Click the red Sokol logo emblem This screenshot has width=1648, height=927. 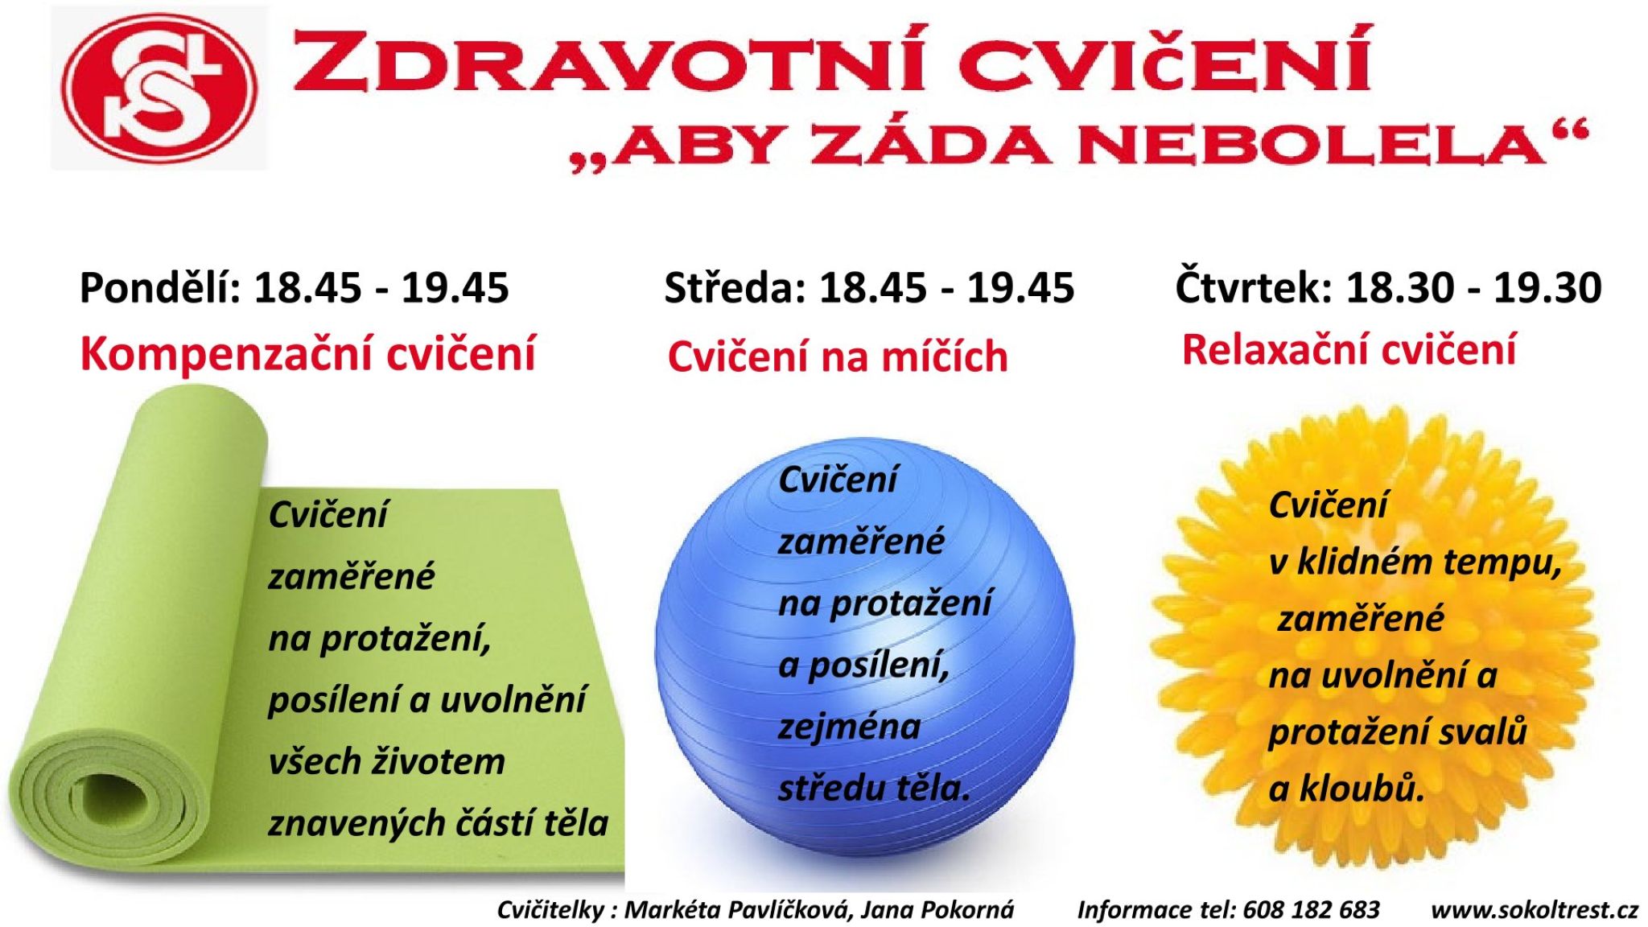click(x=159, y=88)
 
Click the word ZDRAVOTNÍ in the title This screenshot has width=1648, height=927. click(x=608, y=60)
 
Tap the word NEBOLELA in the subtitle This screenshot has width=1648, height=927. click(x=1312, y=145)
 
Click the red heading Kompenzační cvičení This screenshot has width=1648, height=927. click(x=307, y=354)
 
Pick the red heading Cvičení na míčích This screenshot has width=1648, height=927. click(x=838, y=356)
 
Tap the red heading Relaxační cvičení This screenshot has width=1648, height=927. click(x=1349, y=349)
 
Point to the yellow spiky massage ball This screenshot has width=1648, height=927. click(x=1373, y=640)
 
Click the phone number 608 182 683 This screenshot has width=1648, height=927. click(x=1312, y=910)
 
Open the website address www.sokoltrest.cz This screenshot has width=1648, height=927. click(x=1535, y=910)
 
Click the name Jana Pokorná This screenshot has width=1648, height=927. click(x=937, y=910)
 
